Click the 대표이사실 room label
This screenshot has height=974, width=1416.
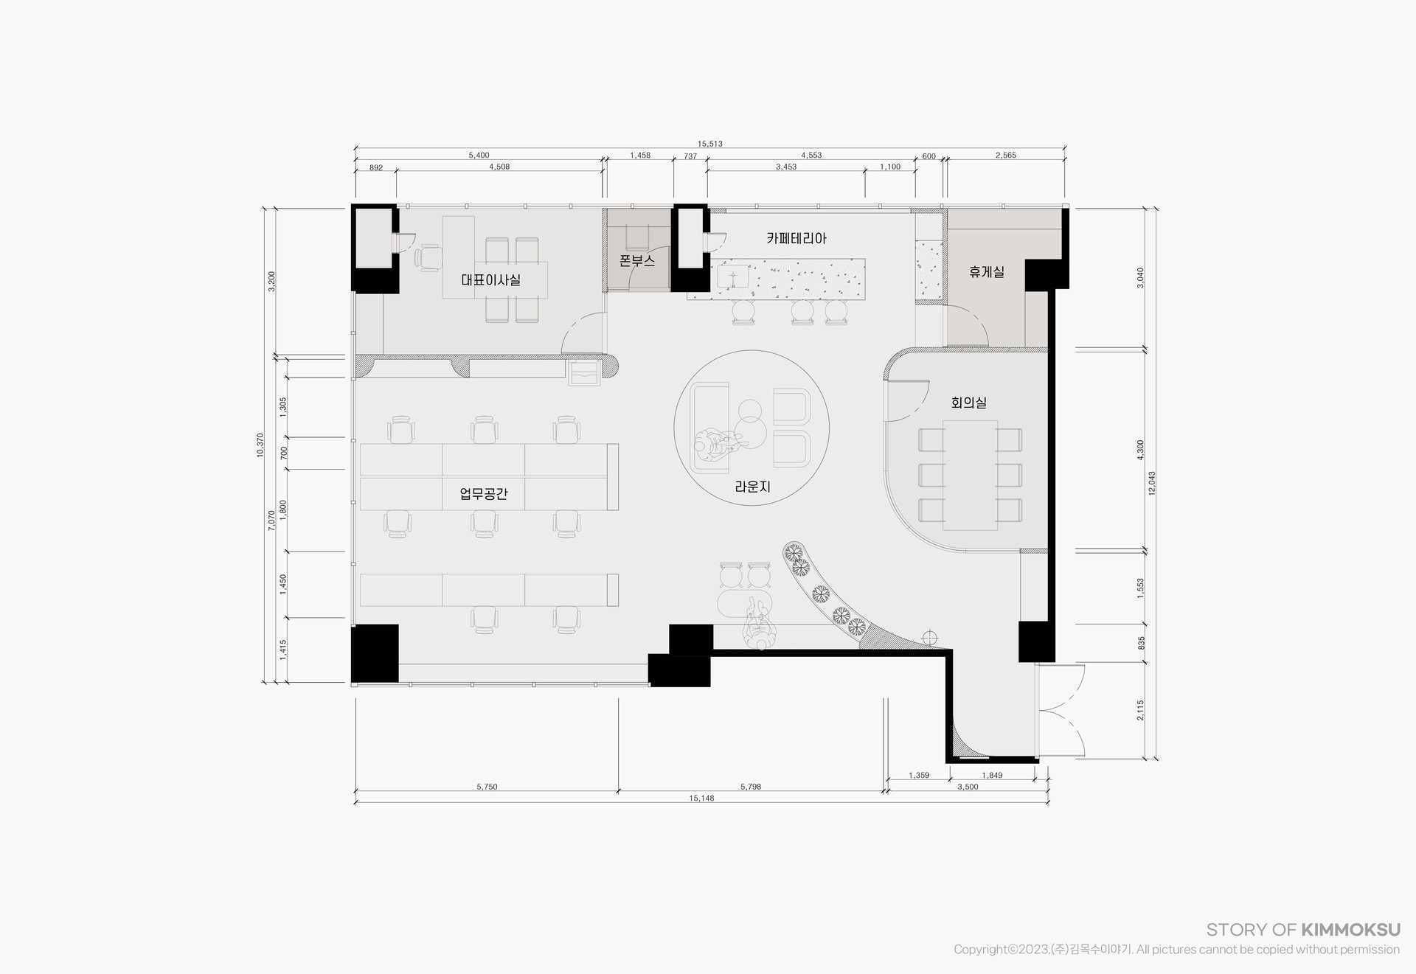point(490,280)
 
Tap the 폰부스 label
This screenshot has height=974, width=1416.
point(637,261)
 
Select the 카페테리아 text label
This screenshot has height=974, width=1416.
point(796,239)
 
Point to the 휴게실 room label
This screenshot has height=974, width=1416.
point(987,272)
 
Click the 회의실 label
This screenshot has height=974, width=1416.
point(969,403)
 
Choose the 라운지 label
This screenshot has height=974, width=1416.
point(752,487)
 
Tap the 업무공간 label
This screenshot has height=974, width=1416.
point(484,494)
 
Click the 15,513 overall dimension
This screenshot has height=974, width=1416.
point(709,144)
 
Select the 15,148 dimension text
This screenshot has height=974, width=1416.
point(701,798)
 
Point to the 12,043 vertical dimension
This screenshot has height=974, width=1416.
point(1152,483)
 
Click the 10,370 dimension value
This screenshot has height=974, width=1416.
point(260,445)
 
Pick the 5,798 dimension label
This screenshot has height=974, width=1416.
point(751,787)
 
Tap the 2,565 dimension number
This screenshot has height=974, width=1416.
point(1006,156)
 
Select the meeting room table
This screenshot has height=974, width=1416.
point(970,475)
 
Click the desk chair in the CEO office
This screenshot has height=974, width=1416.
point(428,257)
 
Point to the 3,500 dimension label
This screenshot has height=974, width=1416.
point(968,787)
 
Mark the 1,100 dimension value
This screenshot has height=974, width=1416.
point(890,167)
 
